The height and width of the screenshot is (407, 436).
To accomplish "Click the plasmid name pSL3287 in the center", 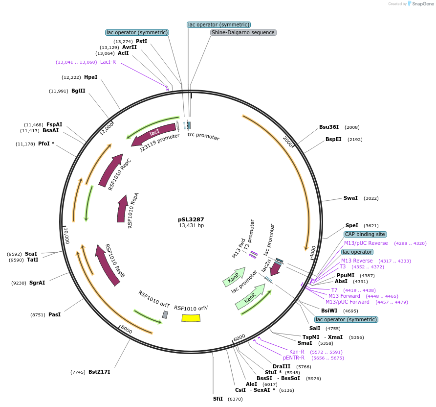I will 191,220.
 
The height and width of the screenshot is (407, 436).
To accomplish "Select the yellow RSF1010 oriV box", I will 191,318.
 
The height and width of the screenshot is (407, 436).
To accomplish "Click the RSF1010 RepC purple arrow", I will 111,170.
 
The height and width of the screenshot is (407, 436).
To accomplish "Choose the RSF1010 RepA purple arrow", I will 122,208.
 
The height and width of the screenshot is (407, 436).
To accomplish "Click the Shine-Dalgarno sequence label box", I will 243,32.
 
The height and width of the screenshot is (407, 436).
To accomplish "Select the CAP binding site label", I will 365,234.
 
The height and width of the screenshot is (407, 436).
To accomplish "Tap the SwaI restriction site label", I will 350,198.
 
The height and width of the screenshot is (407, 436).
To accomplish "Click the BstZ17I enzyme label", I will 99,372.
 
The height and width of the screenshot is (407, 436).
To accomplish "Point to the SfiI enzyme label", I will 218,399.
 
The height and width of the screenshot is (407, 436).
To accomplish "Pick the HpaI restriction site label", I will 90,77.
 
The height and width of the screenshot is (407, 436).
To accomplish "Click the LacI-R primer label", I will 108,62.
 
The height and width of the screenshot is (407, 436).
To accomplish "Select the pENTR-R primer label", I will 294,358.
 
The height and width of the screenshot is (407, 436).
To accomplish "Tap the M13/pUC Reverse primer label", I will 366,243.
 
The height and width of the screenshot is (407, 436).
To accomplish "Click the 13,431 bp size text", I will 191,226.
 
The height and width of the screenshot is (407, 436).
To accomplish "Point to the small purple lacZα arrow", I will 275,268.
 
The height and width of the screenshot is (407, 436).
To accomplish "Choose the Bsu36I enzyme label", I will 329,127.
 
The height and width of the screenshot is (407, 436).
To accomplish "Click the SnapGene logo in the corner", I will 418,4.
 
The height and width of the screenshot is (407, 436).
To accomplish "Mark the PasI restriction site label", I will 54,314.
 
